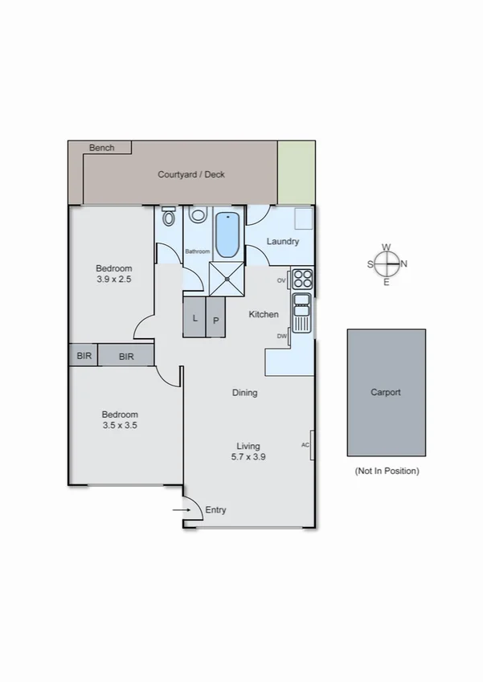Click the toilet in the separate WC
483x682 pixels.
pos(169,218)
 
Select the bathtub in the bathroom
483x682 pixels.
pos(227,234)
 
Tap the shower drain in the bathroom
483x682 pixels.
pos(227,279)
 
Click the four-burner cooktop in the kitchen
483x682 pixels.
pos(302,279)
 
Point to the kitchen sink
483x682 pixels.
pos(302,313)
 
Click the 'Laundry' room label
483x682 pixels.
pos(283,241)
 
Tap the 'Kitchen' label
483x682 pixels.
pos(264,314)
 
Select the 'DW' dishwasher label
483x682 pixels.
pos(282,336)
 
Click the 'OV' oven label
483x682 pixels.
pos(281,280)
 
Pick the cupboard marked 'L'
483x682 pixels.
pos(194,318)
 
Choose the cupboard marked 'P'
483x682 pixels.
pos(216,320)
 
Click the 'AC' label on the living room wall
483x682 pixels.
pos(305,444)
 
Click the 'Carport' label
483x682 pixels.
pos(386,393)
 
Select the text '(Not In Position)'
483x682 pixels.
pos(387,472)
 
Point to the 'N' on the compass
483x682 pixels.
pos(404,263)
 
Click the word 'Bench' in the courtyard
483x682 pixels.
pos(102,148)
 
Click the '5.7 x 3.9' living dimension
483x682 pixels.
pos(248,456)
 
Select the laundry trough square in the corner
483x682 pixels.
pos(303,218)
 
